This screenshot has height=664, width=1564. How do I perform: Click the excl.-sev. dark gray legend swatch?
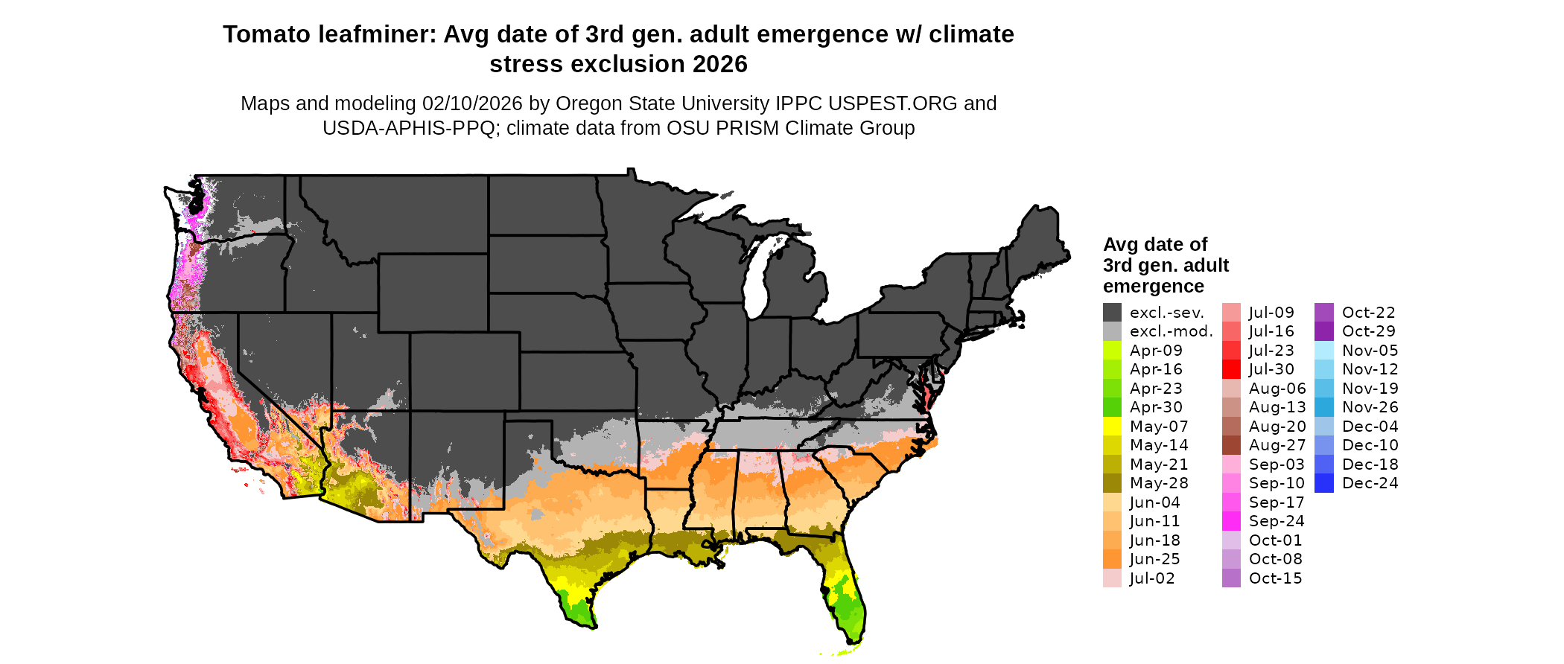tap(1112, 313)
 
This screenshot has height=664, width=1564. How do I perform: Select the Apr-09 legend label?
tap(1156, 351)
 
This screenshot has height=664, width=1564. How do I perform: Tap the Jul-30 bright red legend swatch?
tap(1231, 369)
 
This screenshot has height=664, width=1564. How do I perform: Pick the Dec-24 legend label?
tap(1370, 483)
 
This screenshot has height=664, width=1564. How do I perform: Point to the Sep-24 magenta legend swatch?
tap(1231, 521)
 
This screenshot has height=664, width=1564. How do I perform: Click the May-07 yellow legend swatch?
tap(1112, 427)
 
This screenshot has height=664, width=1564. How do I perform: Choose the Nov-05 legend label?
tap(1370, 351)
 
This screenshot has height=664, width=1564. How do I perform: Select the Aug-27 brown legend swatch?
tap(1231, 445)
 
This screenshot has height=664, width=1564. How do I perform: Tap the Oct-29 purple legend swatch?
tap(1324, 331)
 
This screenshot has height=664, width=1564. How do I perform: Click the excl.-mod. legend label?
tap(1171, 331)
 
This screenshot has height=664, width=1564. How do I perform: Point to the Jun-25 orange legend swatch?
tap(1112, 559)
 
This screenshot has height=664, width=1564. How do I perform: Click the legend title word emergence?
tap(1153, 287)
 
